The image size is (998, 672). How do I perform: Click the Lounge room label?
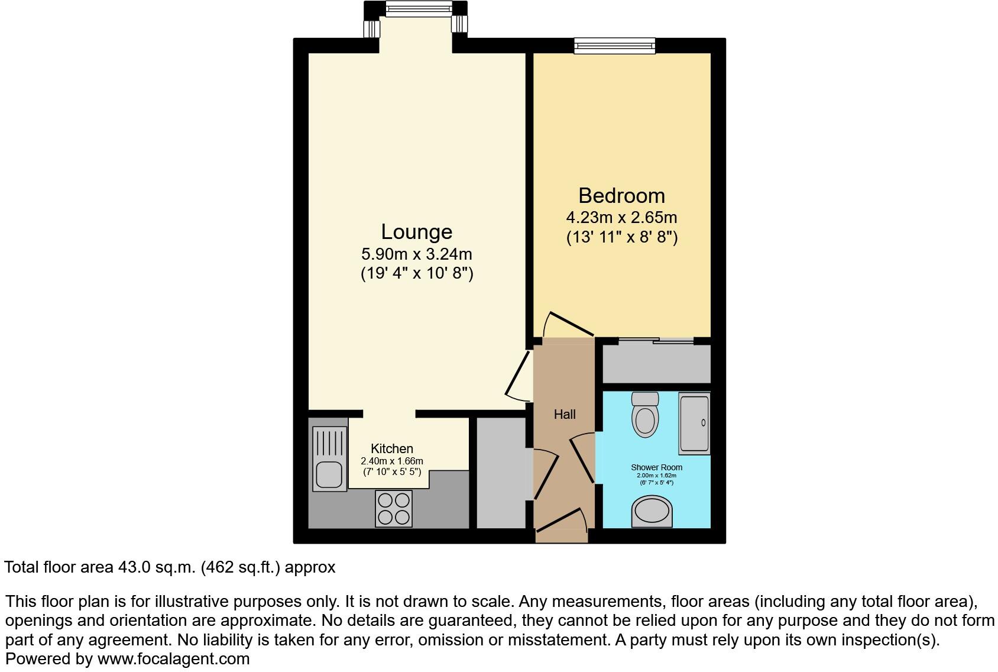tap(416, 232)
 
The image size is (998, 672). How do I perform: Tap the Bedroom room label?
tap(621, 196)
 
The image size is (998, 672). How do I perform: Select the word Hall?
tap(565, 415)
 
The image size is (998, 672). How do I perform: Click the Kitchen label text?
tap(392, 449)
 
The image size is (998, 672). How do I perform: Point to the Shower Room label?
tap(656, 467)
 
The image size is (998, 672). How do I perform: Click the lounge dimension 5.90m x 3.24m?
tap(416, 254)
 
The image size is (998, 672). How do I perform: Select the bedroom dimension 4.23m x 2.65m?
tap(621, 218)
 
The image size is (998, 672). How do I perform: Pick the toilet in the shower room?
tap(644, 414)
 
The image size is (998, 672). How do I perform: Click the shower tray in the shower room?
tap(694, 423)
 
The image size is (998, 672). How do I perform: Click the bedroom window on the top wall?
tap(615, 46)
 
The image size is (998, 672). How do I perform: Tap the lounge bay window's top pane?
tap(418, 9)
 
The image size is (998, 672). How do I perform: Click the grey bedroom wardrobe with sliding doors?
tap(656, 363)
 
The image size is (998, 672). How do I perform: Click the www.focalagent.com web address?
tap(173, 659)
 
